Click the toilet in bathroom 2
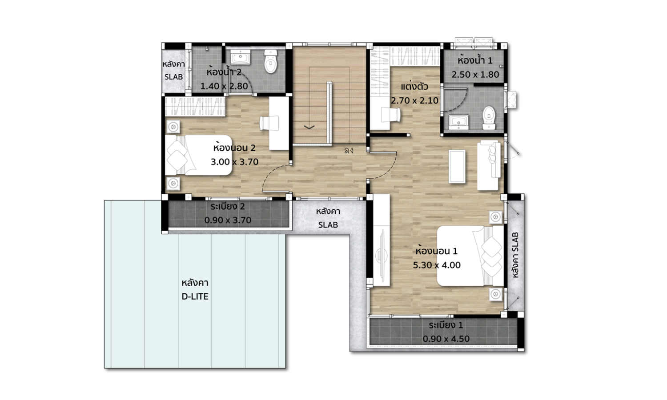[x=270, y=61]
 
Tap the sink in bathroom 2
[x=240, y=57]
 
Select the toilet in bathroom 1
[x=489, y=118]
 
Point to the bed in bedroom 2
[x=198, y=155]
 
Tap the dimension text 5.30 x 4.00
[x=437, y=265]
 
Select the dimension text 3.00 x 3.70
[x=234, y=162]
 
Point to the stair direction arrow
[x=309, y=127]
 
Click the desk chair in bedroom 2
[x=269, y=123]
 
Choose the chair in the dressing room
[x=391, y=115]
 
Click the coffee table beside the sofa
[x=457, y=166]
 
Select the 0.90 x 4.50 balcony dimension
[x=446, y=339]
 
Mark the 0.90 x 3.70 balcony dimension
[x=228, y=220]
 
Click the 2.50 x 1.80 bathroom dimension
[x=475, y=74]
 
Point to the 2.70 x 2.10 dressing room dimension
[x=414, y=100]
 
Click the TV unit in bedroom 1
[x=381, y=240]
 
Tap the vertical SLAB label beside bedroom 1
[x=515, y=255]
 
